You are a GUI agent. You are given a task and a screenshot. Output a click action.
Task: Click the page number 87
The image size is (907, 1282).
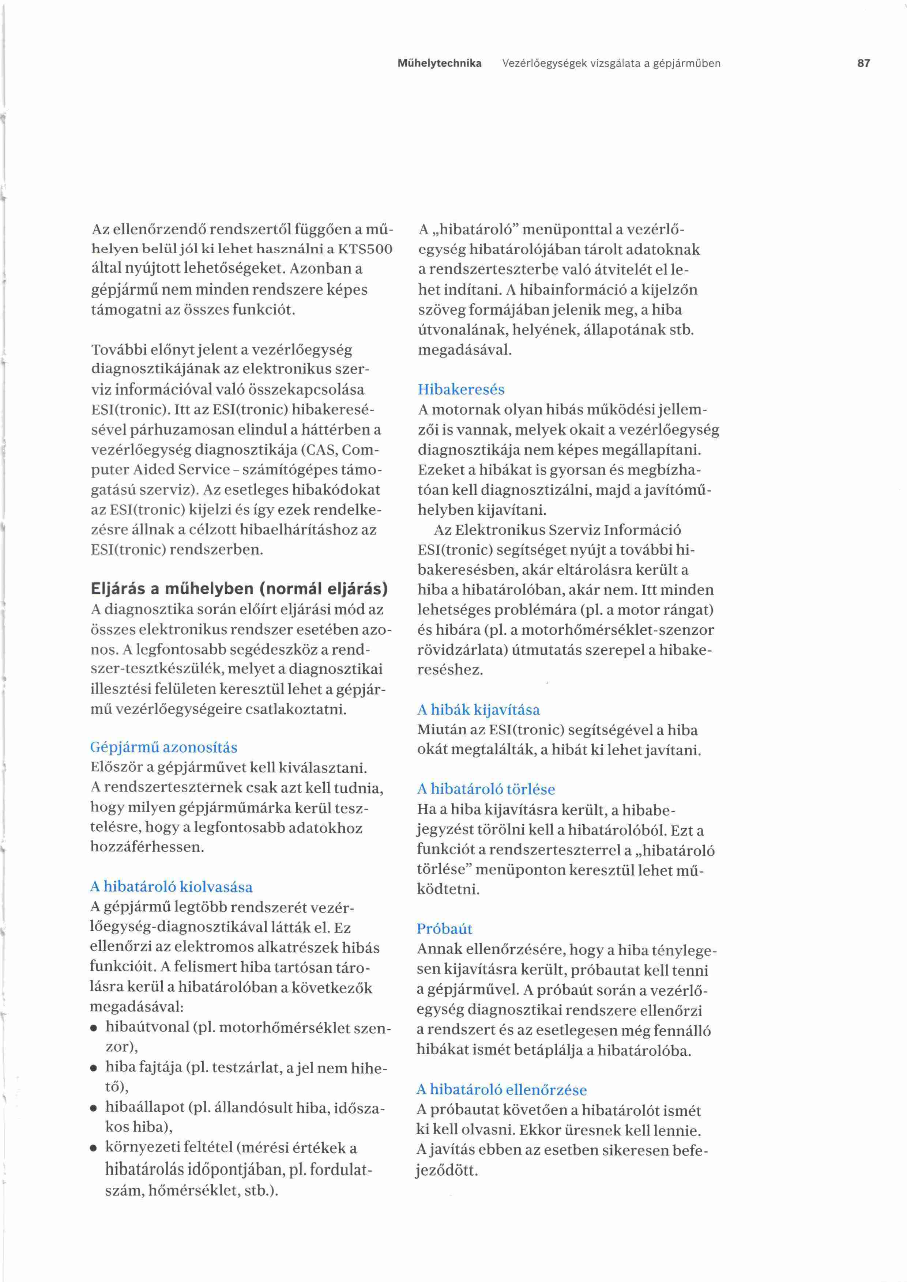863,63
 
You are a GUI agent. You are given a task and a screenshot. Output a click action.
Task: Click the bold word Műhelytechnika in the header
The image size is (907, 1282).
439,63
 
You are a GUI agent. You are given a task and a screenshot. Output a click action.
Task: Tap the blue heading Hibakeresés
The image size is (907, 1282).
461,389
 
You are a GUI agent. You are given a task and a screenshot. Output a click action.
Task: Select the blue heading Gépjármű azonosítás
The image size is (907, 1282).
163,747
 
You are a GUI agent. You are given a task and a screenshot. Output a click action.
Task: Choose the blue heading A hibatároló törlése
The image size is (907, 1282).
486,789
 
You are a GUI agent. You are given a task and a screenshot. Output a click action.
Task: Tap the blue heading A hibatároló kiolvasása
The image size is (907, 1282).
171,887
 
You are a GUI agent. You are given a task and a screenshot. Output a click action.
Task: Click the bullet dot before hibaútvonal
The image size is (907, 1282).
95,1029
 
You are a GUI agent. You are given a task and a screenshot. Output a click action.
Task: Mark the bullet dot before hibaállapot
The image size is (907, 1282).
95,1108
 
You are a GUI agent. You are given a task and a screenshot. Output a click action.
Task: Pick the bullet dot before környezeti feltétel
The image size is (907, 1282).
95,1149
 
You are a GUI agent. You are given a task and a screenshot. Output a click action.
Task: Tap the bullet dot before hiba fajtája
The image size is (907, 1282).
95,1069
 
